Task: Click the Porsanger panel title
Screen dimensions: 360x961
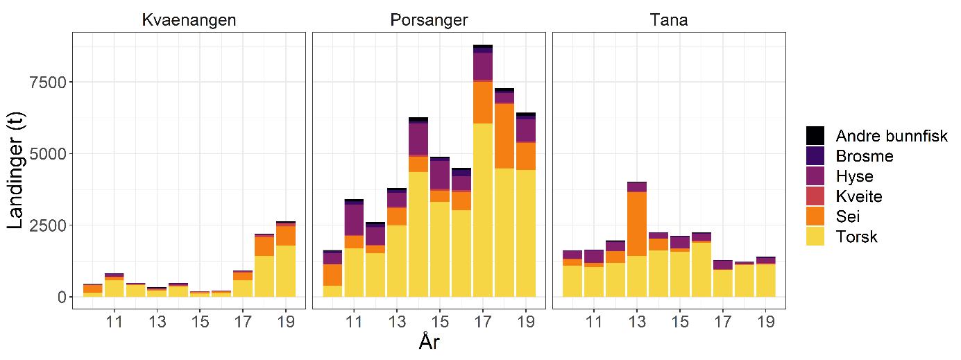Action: click(x=427, y=21)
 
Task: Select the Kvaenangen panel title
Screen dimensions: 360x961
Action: click(x=189, y=21)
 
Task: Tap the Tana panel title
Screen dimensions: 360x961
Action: click(x=669, y=21)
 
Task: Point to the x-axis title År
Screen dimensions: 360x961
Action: click(x=429, y=342)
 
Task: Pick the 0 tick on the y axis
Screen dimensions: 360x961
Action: click(x=61, y=296)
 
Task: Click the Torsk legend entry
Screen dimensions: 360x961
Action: click(x=857, y=237)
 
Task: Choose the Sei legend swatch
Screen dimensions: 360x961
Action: click(x=815, y=217)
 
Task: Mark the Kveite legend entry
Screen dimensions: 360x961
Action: click(x=859, y=196)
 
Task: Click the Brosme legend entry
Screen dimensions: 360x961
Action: click(x=865, y=156)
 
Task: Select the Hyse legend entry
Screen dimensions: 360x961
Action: click(x=854, y=176)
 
